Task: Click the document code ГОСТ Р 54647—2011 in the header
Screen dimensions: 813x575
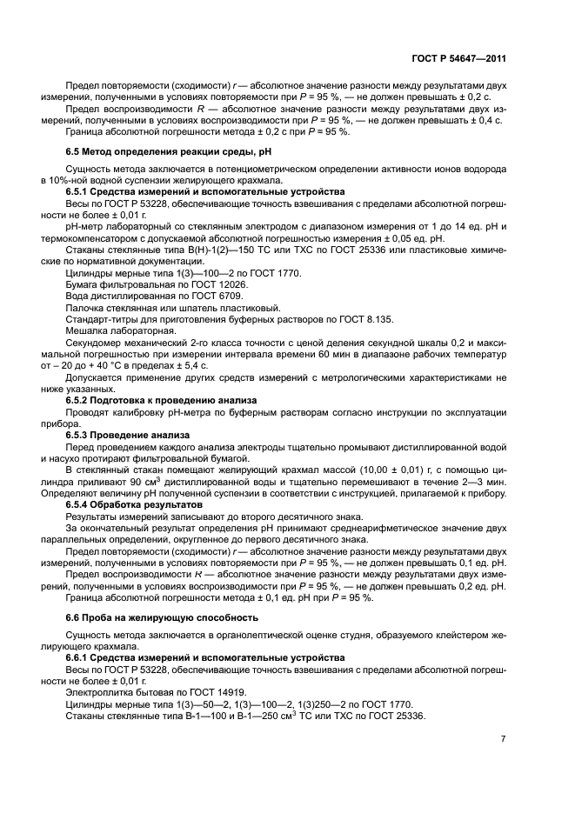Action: click(x=458, y=58)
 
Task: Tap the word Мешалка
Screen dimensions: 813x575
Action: click(x=88, y=331)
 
